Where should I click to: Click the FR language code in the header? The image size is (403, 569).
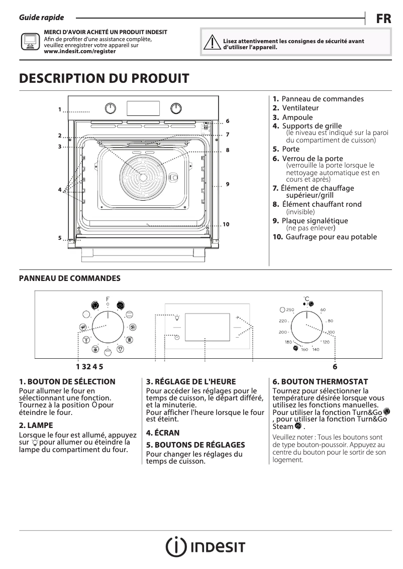tap(383, 19)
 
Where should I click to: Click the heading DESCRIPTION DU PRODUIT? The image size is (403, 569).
tap(104, 79)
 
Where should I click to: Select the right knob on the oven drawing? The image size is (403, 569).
tap(176, 108)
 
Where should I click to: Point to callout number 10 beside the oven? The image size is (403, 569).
tap(226, 224)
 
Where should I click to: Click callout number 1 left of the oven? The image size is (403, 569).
tap(59, 109)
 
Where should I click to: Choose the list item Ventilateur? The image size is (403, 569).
tap(300, 108)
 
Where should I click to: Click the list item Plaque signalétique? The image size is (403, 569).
tap(315, 221)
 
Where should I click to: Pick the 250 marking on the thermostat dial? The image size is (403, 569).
tap(290, 310)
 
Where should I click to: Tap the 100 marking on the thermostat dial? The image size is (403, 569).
tap(331, 332)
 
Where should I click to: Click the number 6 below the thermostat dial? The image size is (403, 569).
tap(335, 367)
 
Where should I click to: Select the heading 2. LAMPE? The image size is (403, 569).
tap(36, 425)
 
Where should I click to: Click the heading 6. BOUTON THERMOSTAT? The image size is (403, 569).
tap(320, 382)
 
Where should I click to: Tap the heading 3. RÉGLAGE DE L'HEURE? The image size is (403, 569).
tap(190, 382)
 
